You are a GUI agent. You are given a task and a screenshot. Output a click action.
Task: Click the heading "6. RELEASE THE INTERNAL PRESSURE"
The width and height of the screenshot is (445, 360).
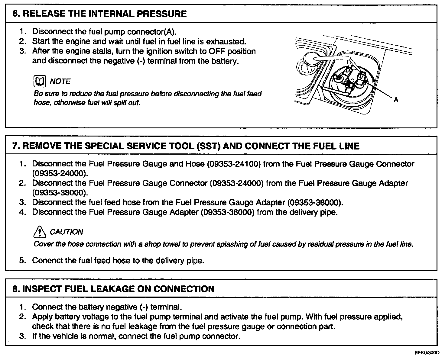(x=99, y=14)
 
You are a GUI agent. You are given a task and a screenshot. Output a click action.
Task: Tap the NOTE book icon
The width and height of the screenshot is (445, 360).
(x=40, y=81)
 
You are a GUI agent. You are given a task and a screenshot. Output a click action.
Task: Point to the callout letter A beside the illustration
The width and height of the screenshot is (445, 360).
(x=396, y=100)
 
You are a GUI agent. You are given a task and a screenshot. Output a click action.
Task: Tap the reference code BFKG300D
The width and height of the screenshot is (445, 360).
(x=427, y=353)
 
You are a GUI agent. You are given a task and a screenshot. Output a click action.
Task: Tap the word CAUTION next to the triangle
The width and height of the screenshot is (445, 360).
(x=66, y=232)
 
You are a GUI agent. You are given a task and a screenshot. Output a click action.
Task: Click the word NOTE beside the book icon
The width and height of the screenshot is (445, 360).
(x=60, y=81)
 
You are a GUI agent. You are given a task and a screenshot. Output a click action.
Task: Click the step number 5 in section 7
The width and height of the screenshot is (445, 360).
(x=22, y=260)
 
